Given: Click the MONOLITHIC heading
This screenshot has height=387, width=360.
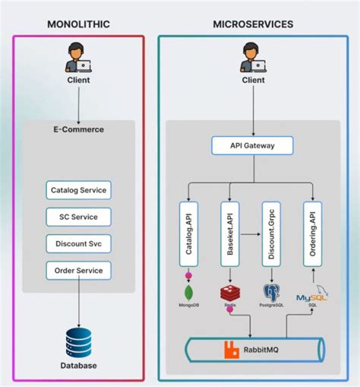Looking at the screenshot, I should [78, 24].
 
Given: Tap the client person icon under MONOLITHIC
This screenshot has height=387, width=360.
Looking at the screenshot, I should [78, 58].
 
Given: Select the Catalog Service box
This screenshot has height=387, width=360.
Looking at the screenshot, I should [78, 189].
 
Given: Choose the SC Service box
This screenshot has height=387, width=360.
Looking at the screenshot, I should [78, 217].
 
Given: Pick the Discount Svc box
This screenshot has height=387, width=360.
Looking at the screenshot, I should [78, 244].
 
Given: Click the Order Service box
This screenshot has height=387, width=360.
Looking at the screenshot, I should [78, 271].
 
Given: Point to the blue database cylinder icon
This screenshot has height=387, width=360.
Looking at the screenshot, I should [78, 341].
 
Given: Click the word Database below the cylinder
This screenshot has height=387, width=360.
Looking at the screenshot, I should [78, 366].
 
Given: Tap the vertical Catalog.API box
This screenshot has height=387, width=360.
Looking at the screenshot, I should [188, 233].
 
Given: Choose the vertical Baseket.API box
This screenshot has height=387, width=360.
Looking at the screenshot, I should [229, 233].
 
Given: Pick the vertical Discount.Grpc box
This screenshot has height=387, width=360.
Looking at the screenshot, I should [271, 233].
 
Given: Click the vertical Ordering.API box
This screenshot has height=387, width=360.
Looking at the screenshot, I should [313, 233].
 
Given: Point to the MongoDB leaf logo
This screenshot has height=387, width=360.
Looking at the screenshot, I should [188, 291].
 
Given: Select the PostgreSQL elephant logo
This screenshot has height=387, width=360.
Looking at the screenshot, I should [271, 292].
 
